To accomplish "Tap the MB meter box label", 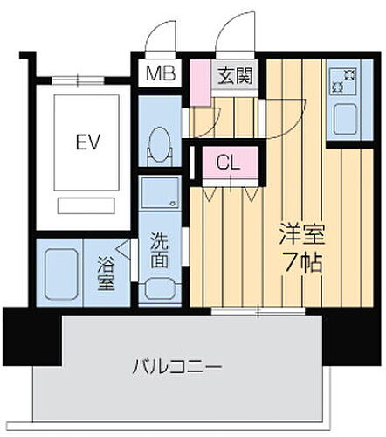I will (160, 75).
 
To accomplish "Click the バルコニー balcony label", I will (178, 364).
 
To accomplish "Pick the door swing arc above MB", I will (162, 39).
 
